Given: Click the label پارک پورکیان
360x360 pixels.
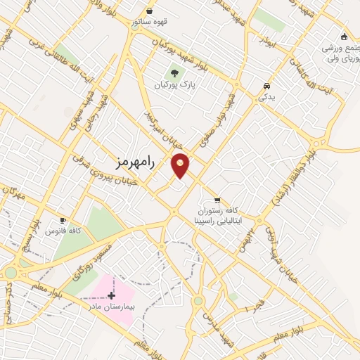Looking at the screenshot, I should [174, 84].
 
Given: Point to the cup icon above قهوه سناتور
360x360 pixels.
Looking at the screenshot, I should [149, 11].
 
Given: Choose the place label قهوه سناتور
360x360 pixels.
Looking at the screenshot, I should [149, 21].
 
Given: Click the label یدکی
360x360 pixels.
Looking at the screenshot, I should [266, 97].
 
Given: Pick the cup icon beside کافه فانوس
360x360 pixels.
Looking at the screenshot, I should [63, 220].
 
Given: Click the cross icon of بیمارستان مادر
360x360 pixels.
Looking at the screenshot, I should [111, 295].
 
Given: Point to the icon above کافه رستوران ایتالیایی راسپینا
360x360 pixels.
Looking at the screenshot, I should [218, 200].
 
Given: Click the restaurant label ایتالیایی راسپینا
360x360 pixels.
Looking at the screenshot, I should [218, 219].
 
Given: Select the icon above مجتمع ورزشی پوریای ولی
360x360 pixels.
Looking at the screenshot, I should [344, 37].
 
